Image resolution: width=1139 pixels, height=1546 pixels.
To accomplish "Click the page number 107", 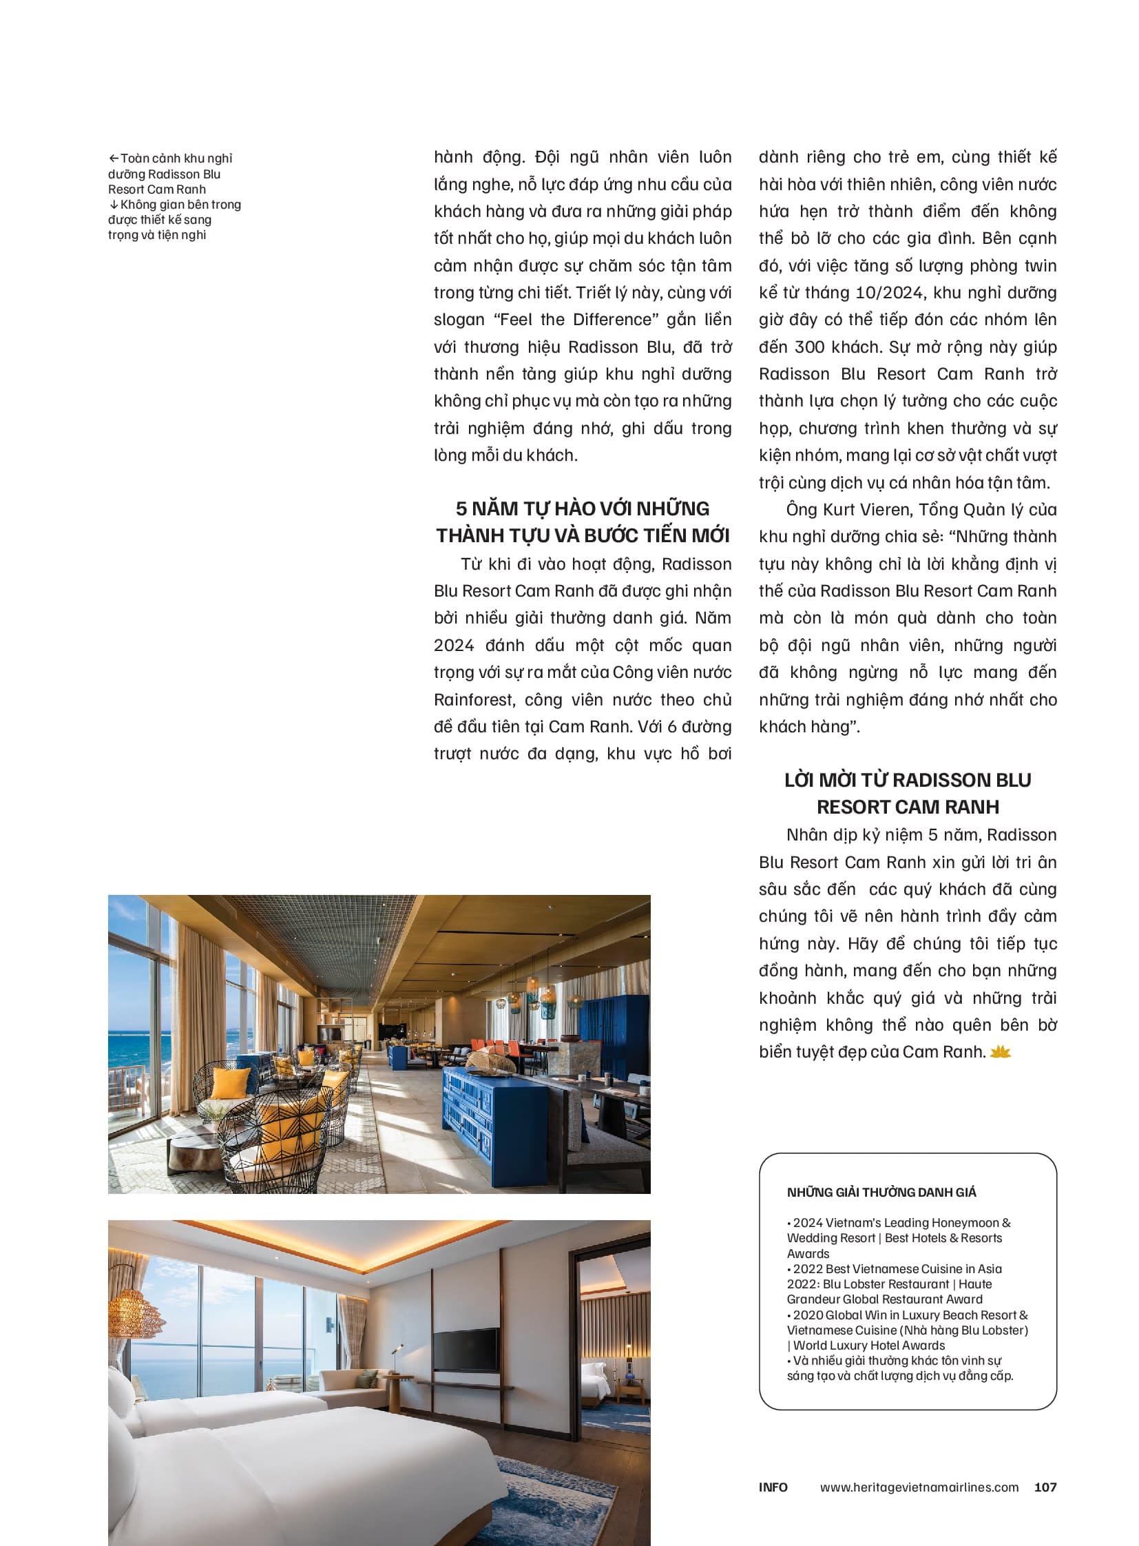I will pyautogui.click(x=1045, y=1487).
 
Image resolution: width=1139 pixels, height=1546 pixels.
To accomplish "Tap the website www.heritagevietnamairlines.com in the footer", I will pyautogui.click(x=919, y=1487).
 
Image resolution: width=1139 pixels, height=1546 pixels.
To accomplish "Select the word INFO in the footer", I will pyautogui.click(x=773, y=1487).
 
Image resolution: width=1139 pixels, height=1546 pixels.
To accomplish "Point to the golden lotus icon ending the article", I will pyautogui.click(x=1000, y=1052).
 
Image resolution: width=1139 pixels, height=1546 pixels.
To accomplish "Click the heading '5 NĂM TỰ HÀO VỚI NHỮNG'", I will pyautogui.click(x=583, y=508).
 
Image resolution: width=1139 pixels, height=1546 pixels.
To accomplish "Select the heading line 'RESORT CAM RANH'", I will pyautogui.click(x=908, y=807).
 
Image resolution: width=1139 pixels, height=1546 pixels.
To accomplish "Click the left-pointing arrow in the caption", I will pyautogui.click(x=114, y=158).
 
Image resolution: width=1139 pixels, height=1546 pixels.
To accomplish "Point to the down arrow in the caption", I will pyautogui.click(x=114, y=205).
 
